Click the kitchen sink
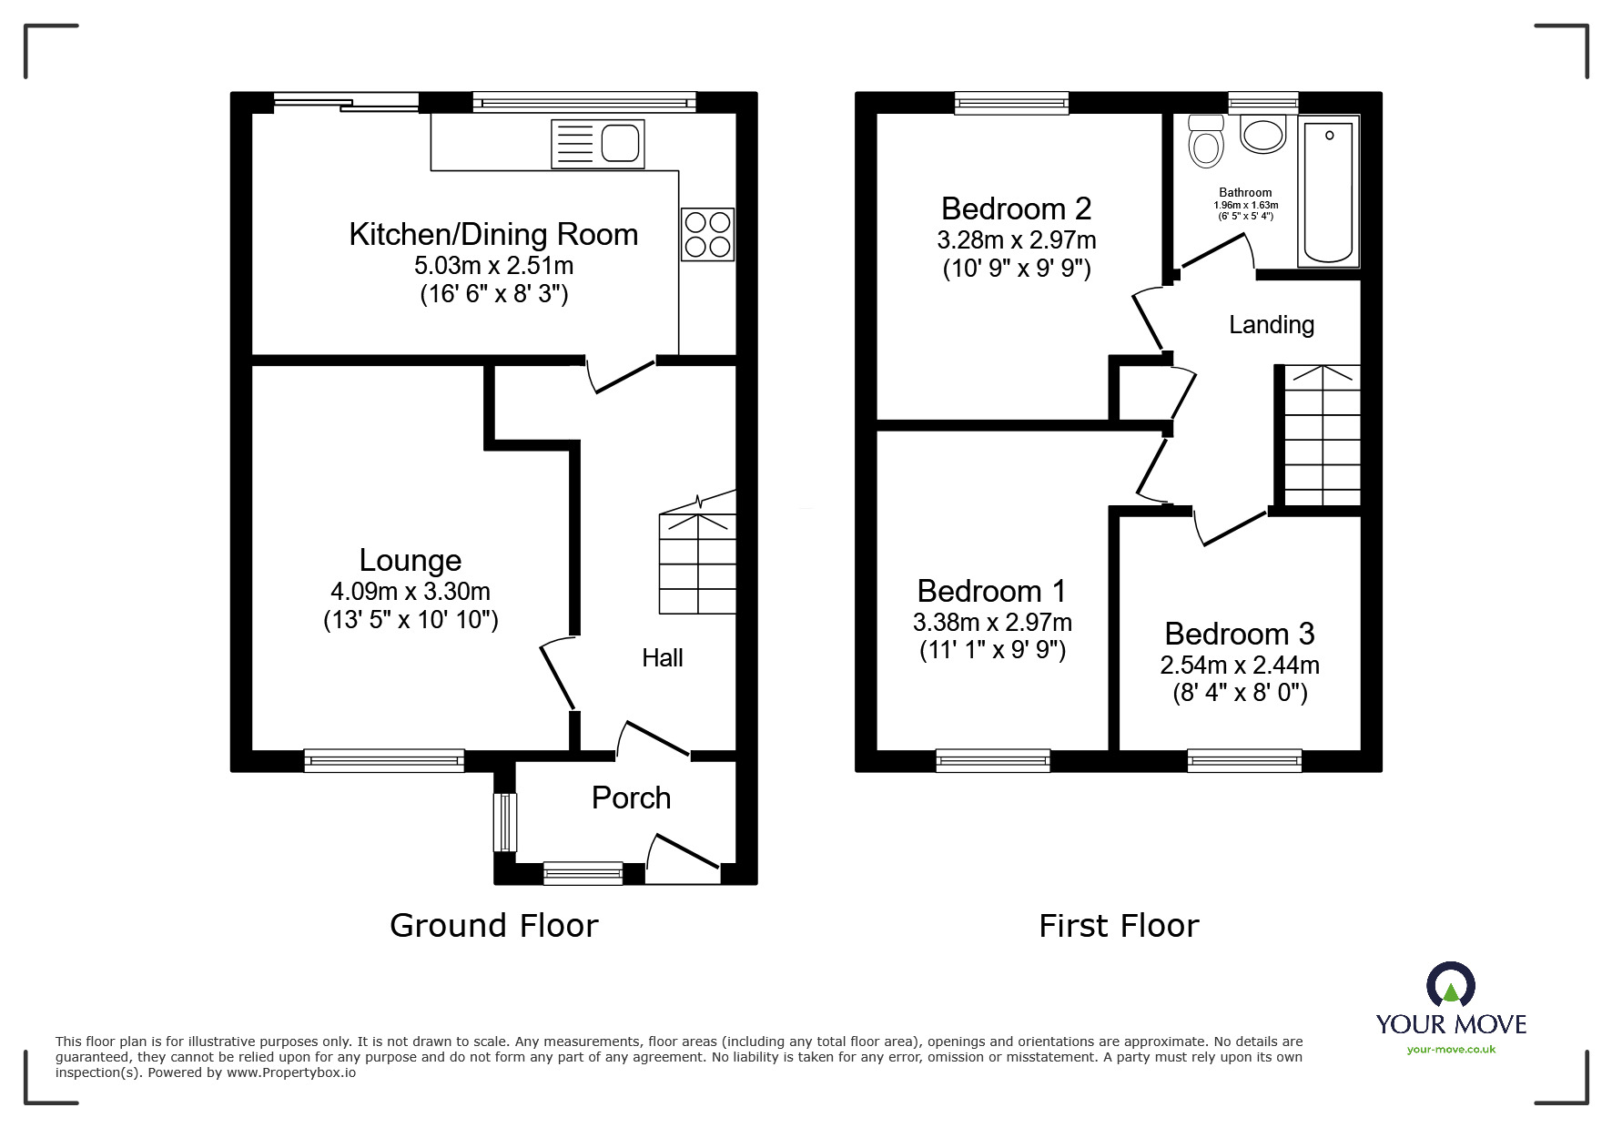(x=597, y=144)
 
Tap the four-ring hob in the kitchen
(x=707, y=235)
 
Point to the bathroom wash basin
(x=1262, y=134)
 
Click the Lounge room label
(x=411, y=560)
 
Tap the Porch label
(x=631, y=798)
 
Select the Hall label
(x=662, y=657)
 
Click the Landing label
(x=1272, y=325)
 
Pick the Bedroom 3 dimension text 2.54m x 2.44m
(x=1240, y=666)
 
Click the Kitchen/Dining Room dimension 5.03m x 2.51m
(x=493, y=266)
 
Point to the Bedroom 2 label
(x=1016, y=208)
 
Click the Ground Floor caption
(x=494, y=926)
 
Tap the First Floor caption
(x=1119, y=926)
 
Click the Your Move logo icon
(x=1450, y=984)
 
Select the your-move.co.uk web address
(x=1451, y=1050)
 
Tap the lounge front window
(x=384, y=760)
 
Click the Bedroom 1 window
(x=993, y=760)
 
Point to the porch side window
(x=505, y=823)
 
